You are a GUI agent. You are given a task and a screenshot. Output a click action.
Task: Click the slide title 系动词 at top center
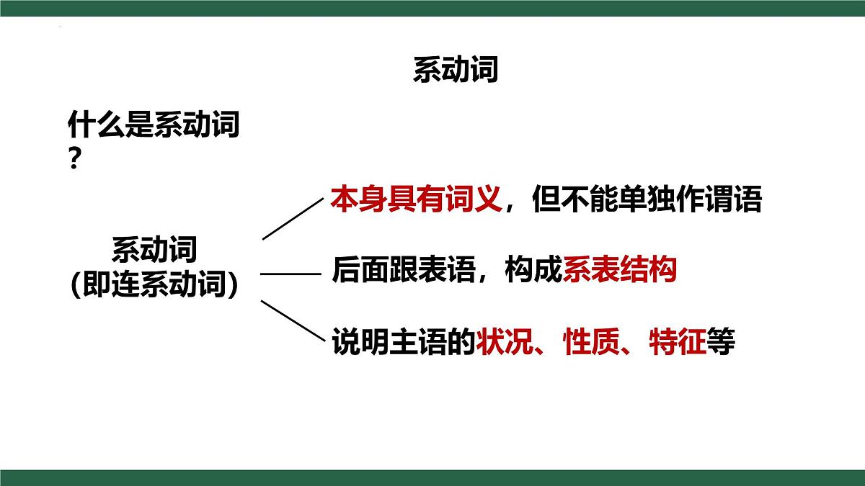455,71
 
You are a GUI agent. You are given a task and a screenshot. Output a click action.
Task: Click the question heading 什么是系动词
154,126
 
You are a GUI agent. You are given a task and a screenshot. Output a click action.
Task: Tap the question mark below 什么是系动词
74,158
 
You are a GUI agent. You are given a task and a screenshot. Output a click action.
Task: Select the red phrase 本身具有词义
416,199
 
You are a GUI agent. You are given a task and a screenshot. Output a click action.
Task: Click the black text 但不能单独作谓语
647,199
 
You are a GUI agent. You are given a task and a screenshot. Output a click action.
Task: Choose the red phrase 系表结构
619,270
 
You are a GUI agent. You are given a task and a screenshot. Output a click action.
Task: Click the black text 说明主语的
404,341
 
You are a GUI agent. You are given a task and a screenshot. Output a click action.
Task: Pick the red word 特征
677,341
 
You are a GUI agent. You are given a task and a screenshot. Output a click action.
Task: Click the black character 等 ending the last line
720,341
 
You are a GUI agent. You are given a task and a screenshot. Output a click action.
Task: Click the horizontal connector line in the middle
290,274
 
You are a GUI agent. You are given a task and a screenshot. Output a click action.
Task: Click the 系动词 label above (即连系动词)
154,251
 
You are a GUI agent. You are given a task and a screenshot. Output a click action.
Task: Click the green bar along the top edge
432,8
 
